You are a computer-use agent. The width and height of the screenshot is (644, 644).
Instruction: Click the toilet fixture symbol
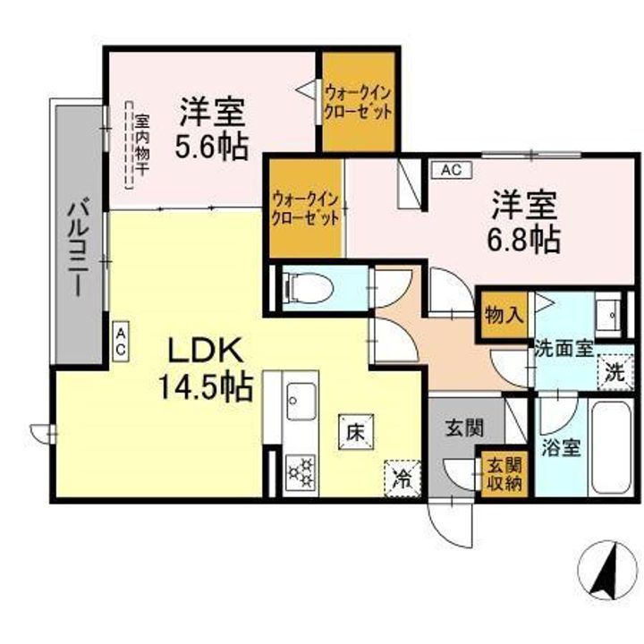(309, 288)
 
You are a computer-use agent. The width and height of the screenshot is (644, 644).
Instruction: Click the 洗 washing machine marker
(614, 373)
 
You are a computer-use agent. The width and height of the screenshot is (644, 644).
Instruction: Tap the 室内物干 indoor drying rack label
(141, 148)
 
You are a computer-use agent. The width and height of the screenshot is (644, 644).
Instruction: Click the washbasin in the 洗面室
(610, 314)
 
